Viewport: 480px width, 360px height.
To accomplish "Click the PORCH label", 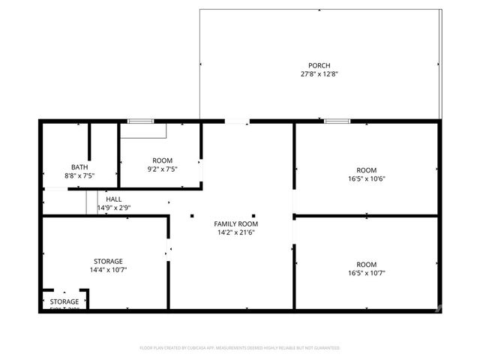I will click(x=319, y=65).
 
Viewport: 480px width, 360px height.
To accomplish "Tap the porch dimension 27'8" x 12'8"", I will click(x=319, y=74).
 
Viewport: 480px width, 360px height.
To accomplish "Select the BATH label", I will click(x=79, y=166).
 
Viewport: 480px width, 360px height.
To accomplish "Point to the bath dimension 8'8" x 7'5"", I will click(x=79, y=175).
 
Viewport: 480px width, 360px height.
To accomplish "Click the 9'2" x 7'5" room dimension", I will click(x=163, y=169).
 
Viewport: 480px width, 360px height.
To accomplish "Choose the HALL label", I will click(x=114, y=199).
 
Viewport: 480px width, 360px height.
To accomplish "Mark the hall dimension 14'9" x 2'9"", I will click(x=114, y=208).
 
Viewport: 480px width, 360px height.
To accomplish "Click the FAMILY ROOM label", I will click(x=235, y=224).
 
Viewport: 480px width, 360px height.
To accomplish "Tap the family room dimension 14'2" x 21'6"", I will click(x=235, y=233).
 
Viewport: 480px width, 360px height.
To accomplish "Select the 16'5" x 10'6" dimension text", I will click(x=366, y=178).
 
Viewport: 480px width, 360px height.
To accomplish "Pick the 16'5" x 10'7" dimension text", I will click(x=366, y=274).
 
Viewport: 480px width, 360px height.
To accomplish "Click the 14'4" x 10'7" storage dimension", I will click(x=108, y=270).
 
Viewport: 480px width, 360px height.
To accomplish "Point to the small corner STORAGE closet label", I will click(x=64, y=301).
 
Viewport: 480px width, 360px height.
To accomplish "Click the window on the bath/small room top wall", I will click(x=139, y=121).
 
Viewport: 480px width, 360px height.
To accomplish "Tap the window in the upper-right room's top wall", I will click(x=337, y=121).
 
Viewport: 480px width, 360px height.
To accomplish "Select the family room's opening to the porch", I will click(x=237, y=121).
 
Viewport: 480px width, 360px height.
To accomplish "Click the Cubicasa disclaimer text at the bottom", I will click(x=239, y=348).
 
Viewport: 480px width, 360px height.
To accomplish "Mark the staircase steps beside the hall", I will click(x=92, y=202).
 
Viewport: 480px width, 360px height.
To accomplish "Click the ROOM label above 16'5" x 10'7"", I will click(x=366, y=265).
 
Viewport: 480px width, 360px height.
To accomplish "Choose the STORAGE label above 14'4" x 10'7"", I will click(x=108, y=261).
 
